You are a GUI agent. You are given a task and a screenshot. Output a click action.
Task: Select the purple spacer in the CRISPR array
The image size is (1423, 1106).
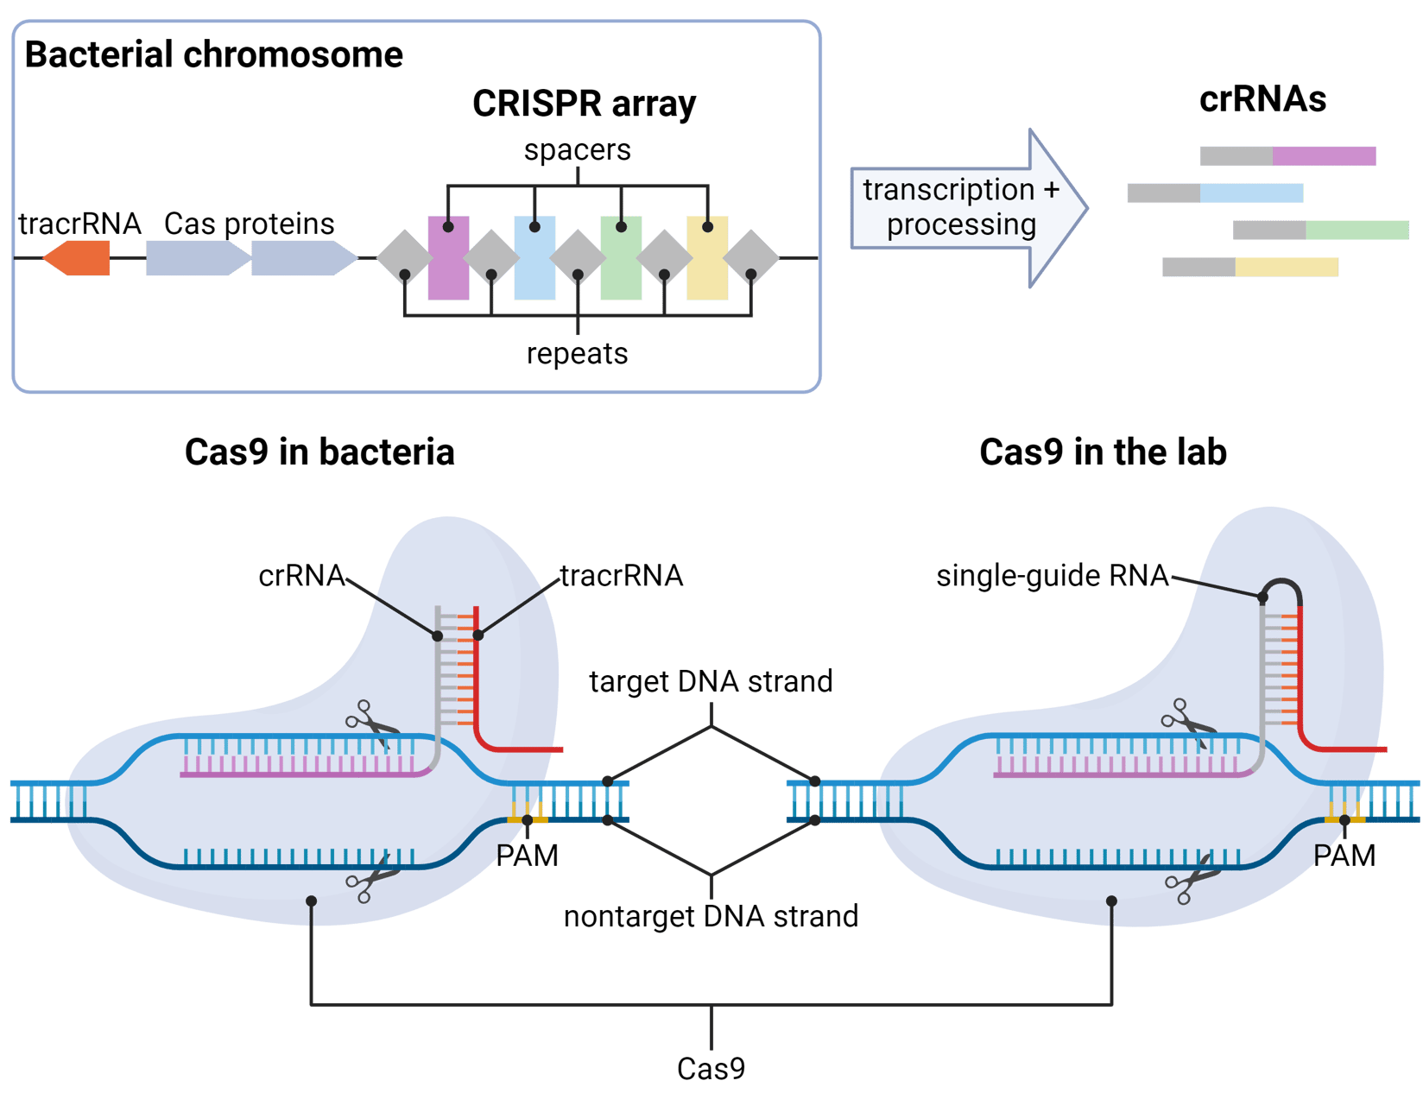pyautogui.click(x=448, y=259)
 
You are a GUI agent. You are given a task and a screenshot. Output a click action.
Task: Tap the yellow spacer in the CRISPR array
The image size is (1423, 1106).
pyautogui.click(x=707, y=259)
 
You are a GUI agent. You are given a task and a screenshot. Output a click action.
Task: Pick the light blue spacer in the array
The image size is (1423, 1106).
pyautogui.click(x=534, y=259)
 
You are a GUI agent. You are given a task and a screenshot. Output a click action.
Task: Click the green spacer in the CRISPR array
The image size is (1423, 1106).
pyautogui.click(x=621, y=259)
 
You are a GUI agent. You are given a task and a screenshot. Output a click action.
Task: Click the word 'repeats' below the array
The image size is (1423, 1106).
pyautogui.click(x=577, y=353)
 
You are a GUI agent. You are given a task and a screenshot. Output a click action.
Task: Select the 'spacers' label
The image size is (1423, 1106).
pyautogui.click(x=577, y=149)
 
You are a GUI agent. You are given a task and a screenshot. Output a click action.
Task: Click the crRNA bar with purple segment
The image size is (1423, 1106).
pyautogui.click(x=1287, y=156)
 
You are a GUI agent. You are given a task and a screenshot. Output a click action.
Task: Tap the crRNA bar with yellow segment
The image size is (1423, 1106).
pyautogui.click(x=1250, y=267)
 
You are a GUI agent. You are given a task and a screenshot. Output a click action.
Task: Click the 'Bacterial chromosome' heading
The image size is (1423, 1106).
pyautogui.click(x=213, y=54)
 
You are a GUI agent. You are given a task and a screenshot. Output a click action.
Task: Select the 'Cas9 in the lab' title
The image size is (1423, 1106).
pyautogui.click(x=1103, y=452)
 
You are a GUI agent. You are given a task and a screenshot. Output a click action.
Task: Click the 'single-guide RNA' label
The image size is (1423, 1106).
pyautogui.click(x=1052, y=575)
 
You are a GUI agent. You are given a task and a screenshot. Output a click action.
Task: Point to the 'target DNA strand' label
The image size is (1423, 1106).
pyautogui.click(x=711, y=681)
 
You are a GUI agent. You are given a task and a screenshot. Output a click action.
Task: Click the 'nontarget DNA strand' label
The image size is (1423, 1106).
pyautogui.click(x=711, y=916)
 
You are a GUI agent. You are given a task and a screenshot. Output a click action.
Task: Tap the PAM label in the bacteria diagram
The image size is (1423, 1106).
pyautogui.click(x=527, y=856)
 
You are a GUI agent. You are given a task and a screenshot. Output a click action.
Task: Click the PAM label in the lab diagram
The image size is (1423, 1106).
pyautogui.click(x=1344, y=856)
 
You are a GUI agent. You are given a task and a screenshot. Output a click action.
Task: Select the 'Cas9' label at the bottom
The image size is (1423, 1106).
pyautogui.click(x=711, y=1069)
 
